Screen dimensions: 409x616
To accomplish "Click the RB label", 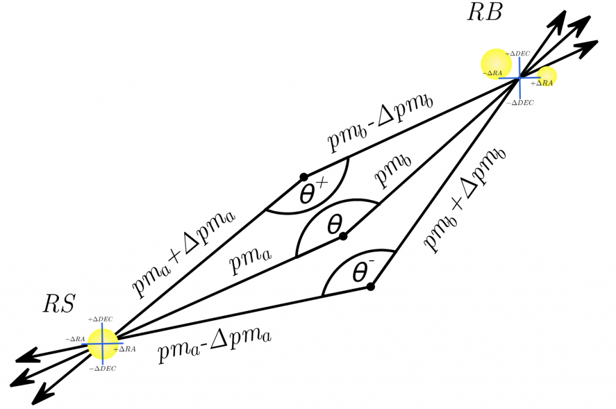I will point(484,13).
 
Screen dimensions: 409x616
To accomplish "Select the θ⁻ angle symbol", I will point(360,273).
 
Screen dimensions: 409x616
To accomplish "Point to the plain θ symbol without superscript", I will point(334,226).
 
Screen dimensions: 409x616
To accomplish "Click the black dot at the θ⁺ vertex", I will point(304,177).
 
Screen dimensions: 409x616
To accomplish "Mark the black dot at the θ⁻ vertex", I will point(371,286).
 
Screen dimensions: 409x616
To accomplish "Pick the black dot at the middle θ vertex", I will point(343,236).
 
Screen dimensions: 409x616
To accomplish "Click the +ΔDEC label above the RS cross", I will point(100,320).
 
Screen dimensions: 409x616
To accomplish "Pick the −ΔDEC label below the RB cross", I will point(520,103).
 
